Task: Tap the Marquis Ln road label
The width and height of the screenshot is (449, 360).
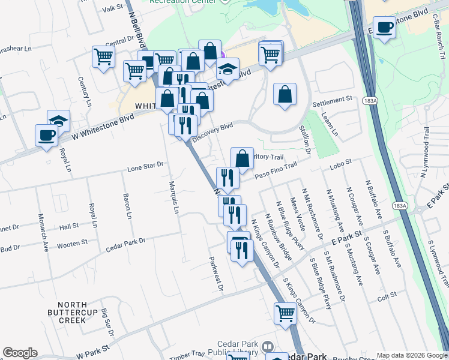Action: pos(174,197)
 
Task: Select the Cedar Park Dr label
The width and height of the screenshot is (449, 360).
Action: pos(125,241)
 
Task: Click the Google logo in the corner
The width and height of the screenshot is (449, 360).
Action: pos(20,353)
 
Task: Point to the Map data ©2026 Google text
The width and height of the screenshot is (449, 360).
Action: pos(412,355)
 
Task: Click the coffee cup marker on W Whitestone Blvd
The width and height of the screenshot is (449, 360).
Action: pos(46,135)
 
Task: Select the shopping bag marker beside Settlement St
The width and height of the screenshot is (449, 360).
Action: pos(285,94)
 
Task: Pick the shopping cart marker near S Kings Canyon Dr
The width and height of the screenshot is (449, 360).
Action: pos(285,312)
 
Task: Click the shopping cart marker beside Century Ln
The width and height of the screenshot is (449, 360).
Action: pos(104,57)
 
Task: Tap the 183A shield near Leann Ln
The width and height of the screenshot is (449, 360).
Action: pos(369,102)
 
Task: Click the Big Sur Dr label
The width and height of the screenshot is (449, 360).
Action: pos(106,317)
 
